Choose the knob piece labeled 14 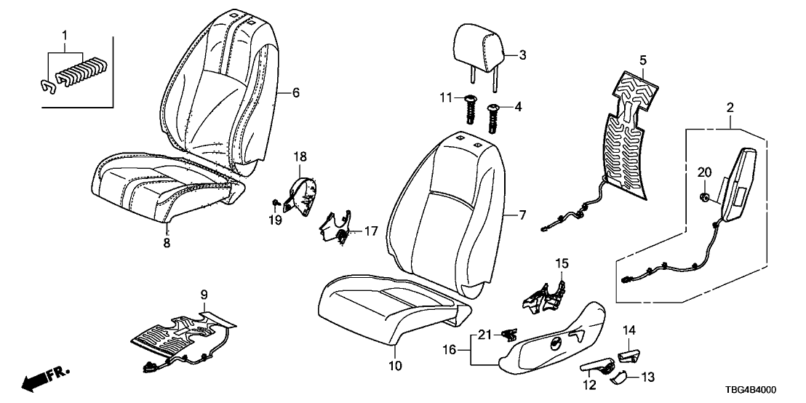(x=629, y=354)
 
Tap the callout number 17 (x=371, y=231)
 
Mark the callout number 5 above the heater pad (x=642, y=60)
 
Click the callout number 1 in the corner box (x=64, y=35)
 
